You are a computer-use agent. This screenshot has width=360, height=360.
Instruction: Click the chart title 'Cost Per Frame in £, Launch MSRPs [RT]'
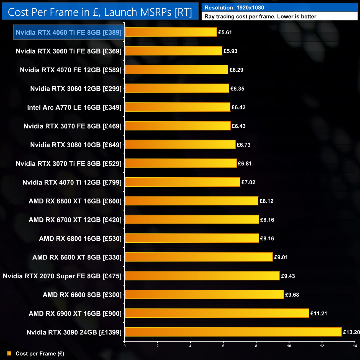[100, 12]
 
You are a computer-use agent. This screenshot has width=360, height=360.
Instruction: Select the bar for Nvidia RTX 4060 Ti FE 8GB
[171, 32]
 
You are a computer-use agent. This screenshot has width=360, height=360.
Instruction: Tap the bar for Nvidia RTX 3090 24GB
[233, 332]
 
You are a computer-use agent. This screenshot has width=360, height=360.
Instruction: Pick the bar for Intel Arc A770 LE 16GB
[177, 107]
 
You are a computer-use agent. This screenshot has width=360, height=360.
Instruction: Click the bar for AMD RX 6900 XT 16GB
[217, 313]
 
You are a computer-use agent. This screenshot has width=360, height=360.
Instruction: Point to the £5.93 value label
[230, 51]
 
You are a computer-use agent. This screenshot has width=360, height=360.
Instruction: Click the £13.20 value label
[351, 332]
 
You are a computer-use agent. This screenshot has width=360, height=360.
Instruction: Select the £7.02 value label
[248, 182]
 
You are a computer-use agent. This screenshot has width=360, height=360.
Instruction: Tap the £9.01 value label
[281, 257]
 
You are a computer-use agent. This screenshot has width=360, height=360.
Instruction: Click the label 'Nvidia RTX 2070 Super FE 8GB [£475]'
[62, 276]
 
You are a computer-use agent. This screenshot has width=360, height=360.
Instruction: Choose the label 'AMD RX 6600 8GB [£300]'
[82, 295]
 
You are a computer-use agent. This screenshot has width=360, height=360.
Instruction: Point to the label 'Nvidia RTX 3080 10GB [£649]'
[76, 145]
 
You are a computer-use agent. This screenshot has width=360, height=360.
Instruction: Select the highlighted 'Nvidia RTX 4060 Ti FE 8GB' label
[69, 32]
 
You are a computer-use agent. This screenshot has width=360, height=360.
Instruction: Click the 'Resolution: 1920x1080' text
[234, 8]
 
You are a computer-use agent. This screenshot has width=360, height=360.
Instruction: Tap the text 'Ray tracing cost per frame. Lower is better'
[260, 17]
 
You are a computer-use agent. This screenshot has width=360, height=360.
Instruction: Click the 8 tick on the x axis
[256, 346]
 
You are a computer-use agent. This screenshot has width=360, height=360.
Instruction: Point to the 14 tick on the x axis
[355, 346]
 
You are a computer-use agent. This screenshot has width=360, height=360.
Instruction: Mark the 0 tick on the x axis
[125, 346]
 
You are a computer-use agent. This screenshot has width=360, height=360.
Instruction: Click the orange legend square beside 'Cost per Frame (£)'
[9, 353]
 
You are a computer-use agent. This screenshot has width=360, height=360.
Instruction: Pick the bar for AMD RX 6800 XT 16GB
[191, 201]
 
